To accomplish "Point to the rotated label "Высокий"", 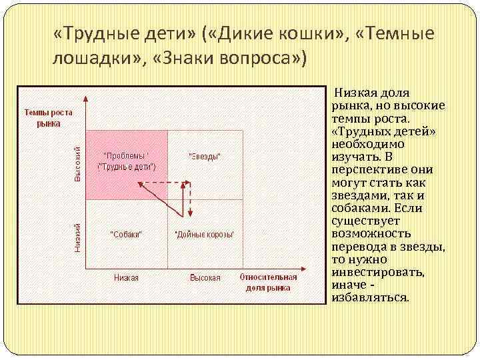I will [77, 165].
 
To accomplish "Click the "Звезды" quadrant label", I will [204, 157].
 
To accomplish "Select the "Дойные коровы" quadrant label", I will [203, 235].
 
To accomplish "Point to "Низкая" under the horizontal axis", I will [126, 277].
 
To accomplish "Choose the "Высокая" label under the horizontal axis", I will [205, 277].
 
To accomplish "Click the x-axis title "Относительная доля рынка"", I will [268, 282].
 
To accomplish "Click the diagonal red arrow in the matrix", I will [165, 197].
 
